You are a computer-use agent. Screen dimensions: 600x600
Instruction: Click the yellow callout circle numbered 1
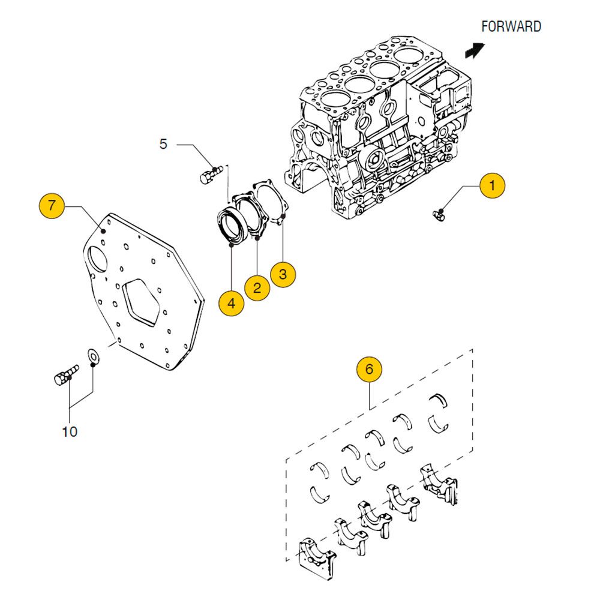pyautogui.click(x=492, y=185)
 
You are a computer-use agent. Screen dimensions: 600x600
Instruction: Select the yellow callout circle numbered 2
pyautogui.click(x=257, y=288)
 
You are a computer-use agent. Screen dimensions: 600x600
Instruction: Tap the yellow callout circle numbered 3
pyautogui.click(x=283, y=274)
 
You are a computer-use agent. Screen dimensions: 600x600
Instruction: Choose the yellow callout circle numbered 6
pyautogui.click(x=369, y=369)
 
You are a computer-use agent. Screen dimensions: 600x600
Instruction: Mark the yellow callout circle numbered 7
pyautogui.click(x=52, y=206)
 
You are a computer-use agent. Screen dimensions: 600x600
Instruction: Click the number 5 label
pyautogui.click(x=164, y=144)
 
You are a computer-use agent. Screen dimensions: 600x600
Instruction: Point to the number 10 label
pyautogui.click(x=70, y=431)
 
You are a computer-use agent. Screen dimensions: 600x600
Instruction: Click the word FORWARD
pyautogui.click(x=511, y=26)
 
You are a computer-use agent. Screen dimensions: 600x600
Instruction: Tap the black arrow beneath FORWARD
pyautogui.click(x=475, y=49)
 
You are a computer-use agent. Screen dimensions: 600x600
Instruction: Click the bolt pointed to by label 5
pyautogui.click(x=208, y=175)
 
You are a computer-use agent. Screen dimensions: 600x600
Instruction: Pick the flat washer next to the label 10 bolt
pyautogui.click(x=94, y=356)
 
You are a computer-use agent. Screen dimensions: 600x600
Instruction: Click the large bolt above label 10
pyautogui.click(x=65, y=375)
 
